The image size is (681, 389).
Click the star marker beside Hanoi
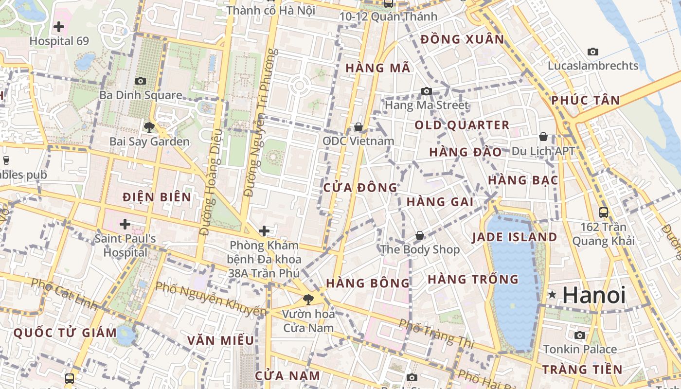(552, 295)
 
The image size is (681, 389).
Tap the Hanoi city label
(594, 295)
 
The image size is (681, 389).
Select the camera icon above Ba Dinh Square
(141, 81)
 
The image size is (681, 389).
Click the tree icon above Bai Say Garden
(149, 127)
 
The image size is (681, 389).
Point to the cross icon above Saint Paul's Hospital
(125, 224)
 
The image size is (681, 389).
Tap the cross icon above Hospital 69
(59, 26)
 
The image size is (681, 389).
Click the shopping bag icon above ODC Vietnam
(358, 127)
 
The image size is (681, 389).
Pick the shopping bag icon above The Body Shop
(419, 236)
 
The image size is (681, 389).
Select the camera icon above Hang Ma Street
(427, 91)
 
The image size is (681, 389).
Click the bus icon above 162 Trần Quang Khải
(604, 212)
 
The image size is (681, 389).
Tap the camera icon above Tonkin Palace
(579, 335)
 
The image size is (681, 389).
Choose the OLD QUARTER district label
(462, 125)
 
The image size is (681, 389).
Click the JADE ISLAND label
(515, 237)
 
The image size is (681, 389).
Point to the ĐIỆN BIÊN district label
(157, 197)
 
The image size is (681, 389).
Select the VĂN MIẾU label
(221, 340)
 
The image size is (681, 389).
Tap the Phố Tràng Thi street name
(436, 334)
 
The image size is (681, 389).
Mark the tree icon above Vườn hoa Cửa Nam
(308, 299)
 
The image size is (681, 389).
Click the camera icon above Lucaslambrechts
(592, 52)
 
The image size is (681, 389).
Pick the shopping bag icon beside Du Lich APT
(543, 137)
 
